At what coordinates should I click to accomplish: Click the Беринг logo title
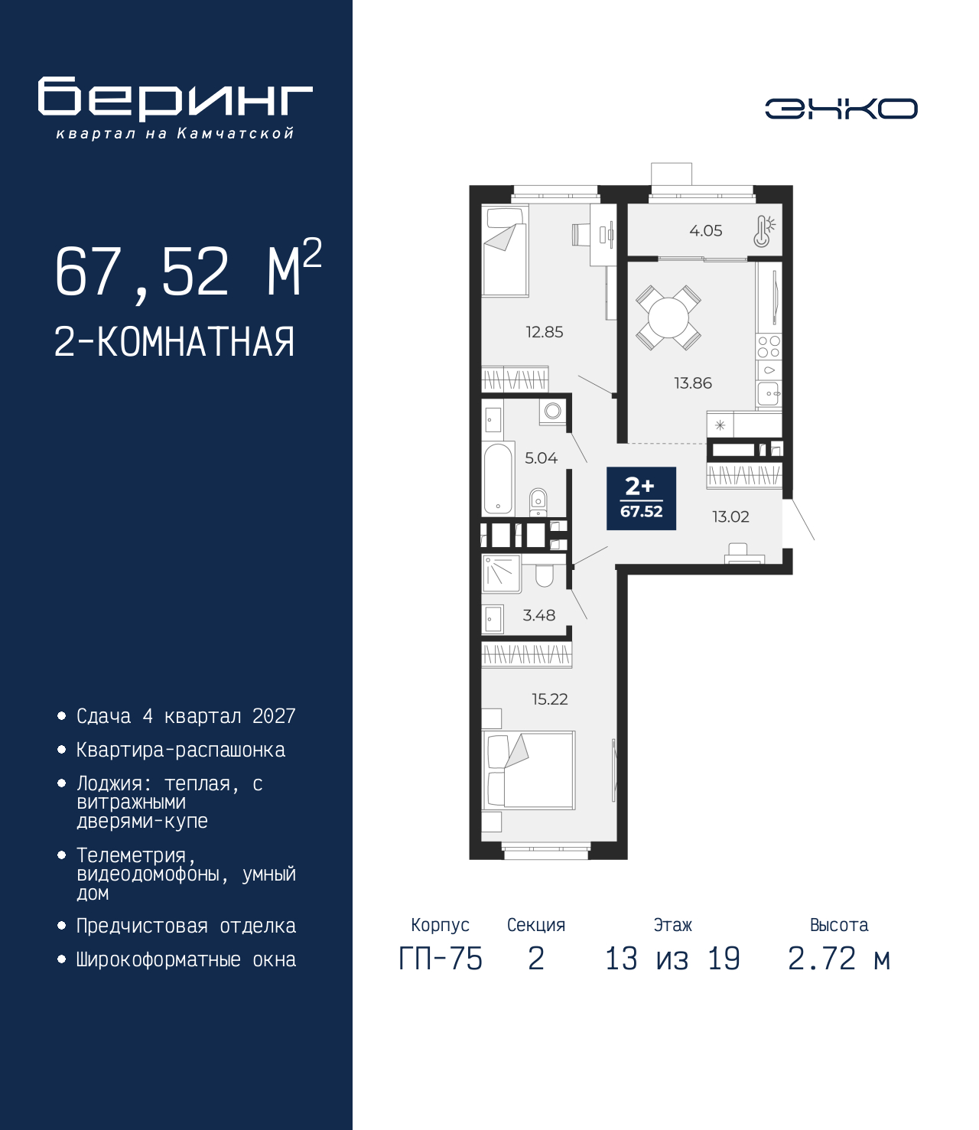175,99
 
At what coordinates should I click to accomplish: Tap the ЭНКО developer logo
841,108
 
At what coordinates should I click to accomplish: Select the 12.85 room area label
545,332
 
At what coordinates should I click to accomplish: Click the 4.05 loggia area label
706,231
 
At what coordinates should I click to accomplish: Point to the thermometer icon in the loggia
764,231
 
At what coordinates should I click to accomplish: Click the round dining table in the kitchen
668,318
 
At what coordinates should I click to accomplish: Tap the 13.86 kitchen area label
693,383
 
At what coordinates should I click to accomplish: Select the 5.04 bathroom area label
542,458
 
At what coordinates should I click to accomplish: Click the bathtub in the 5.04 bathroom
497,478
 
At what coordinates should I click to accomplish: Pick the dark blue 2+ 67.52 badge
641,498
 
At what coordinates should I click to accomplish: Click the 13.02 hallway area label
730,516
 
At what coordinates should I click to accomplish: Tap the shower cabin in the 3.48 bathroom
502,574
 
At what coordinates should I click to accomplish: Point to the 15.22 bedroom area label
550,699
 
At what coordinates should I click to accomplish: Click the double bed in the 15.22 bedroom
529,770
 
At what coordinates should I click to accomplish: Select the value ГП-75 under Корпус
441,959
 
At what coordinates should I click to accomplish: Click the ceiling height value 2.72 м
839,959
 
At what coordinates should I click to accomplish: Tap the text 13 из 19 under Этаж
673,959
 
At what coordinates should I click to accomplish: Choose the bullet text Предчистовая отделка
186,926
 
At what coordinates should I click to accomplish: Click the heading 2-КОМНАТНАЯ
174,342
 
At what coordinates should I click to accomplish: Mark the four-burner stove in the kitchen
769,346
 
